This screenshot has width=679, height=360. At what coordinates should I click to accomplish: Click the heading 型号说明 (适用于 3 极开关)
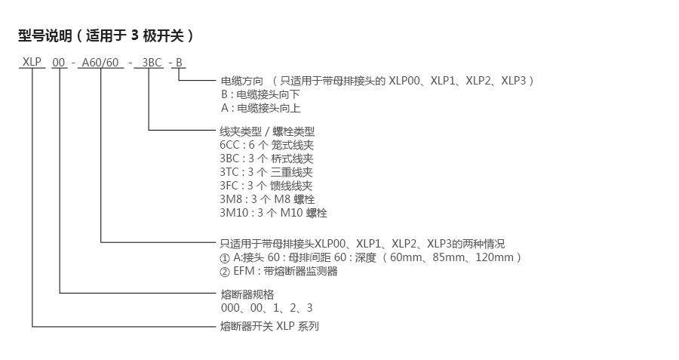click(x=106, y=35)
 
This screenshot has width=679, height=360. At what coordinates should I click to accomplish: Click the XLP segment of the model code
click(x=32, y=61)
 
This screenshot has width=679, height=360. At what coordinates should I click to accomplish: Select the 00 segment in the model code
click(x=59, y=62)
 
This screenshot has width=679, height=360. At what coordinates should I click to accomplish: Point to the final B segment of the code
click(x=178, y=62)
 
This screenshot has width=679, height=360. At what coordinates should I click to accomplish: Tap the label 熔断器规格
click(x=241, y=294)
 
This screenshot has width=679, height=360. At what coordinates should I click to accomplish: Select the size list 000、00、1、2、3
click(x=266, y=308)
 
